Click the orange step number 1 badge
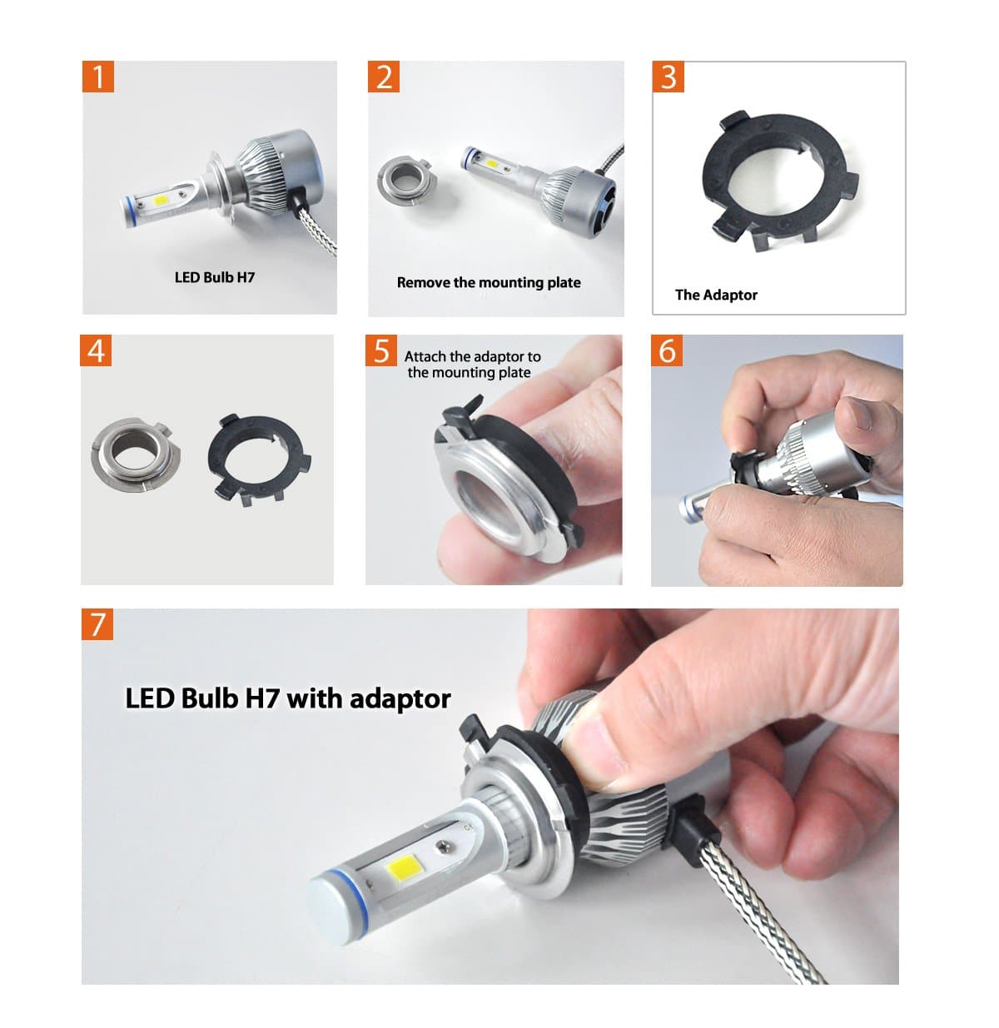[x=98, y=77]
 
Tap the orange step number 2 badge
[x=384, y=77]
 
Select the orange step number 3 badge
[x=668, y=77]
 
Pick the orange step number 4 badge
[x=97, y=350]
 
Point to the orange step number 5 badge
[x=381, y=350]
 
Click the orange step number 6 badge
[x=668, y=350]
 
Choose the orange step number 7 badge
[x=98, y=623]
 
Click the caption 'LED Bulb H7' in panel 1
[x=214, y=277]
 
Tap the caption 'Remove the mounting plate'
[x=489, y=282]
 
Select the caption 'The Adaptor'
[x=716, y=295]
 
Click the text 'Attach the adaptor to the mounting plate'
[x=472, y=365]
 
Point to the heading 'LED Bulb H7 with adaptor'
[x=288, y=698]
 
